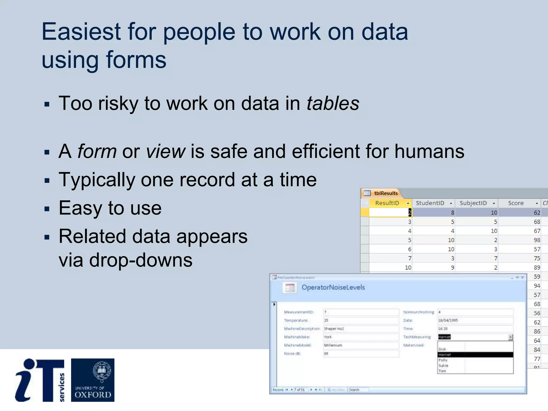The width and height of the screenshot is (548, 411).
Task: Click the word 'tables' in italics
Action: (333, 103)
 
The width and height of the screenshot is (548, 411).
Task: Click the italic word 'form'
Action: (97, 151)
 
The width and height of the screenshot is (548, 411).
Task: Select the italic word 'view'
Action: (165, 151)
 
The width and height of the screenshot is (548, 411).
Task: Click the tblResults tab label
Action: (386, 193)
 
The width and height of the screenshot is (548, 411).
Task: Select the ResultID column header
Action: (387, 203)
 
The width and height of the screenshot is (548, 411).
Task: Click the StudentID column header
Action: (430, 203)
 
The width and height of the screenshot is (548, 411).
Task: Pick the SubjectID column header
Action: (473, 203)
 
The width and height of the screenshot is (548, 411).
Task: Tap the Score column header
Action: (516, 203)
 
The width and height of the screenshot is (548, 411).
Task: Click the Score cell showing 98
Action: (536, 240)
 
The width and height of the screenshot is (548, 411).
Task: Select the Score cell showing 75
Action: (536, 258)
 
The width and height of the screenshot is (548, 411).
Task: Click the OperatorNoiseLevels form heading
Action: (333, 287)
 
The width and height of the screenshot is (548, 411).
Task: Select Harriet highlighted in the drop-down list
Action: (445, 355)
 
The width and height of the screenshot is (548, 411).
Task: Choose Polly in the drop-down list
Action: (443, 360)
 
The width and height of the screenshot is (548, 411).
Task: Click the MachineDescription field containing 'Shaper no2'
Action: (360, 329)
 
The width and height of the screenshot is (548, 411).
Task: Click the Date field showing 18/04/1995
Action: (475, 320)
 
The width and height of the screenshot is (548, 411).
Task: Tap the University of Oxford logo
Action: (93, 380)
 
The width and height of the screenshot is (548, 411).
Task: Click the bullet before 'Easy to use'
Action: (47, 209)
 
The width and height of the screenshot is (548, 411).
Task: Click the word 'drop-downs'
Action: (140, 260)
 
